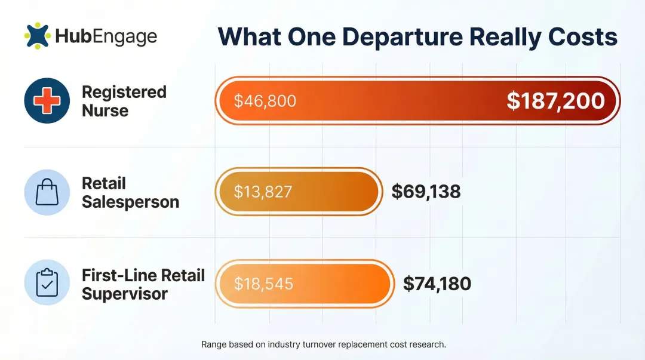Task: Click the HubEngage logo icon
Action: point(37,35)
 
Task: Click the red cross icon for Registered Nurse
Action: point(47,100)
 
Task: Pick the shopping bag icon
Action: point(47,192)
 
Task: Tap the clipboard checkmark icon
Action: point(47,282)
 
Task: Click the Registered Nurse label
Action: point(124,101)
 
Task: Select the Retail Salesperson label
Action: point(130,192)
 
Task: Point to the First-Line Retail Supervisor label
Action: point(143,284)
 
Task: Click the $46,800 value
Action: point(265,101)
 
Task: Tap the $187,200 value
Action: point(555,101)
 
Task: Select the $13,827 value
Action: point(263,192)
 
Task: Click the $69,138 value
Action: point(426,192)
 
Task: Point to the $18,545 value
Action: point(263,283)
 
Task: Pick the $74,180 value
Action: point(437,283)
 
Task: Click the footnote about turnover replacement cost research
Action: point(324,344)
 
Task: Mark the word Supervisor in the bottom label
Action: point(125,294)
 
